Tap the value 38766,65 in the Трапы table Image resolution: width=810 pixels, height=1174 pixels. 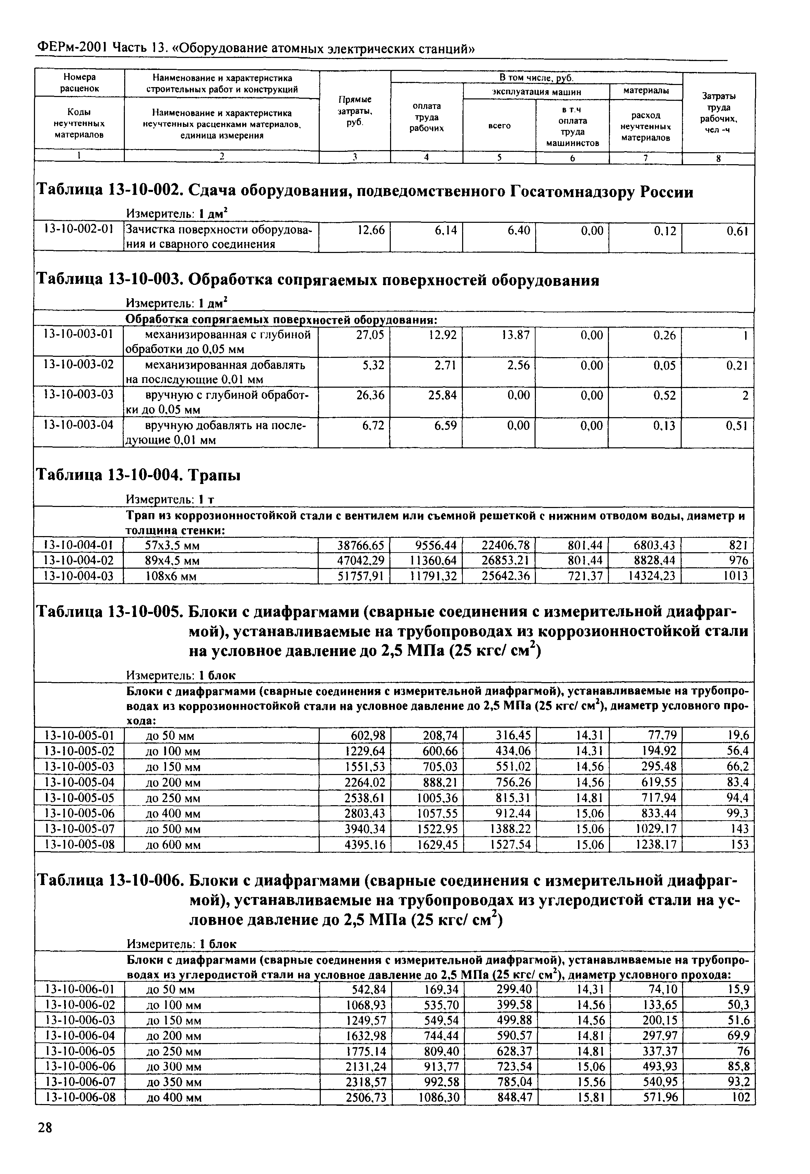click(361, 546)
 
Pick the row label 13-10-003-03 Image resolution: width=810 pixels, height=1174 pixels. click(78, 395)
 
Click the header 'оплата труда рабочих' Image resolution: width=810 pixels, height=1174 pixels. click(426, 117)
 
